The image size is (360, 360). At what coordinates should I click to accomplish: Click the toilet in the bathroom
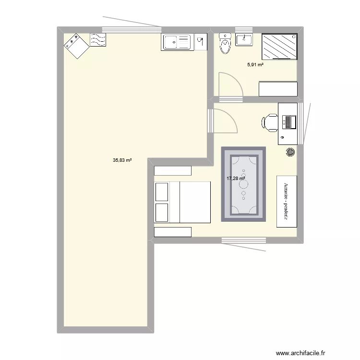224,44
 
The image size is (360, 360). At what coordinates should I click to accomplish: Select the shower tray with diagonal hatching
279,47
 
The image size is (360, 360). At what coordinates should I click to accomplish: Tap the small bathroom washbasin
245,39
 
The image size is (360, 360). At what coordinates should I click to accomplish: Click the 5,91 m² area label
255,65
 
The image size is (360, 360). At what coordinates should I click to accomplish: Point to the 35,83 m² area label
122,161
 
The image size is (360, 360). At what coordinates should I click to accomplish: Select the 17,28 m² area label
236,179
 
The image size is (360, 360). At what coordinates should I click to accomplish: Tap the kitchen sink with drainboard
177,42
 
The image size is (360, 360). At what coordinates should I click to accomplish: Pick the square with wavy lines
98,40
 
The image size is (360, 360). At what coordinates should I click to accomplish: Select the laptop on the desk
289,122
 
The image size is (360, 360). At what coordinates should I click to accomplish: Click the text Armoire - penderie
286,201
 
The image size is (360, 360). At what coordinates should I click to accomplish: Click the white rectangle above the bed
173,171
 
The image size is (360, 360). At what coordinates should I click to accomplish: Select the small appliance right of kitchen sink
201,41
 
